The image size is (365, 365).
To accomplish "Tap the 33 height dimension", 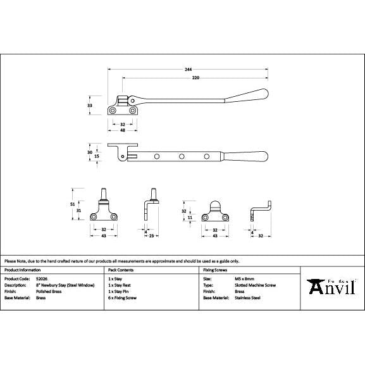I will (90, 105).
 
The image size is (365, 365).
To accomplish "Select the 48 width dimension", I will (122, 130).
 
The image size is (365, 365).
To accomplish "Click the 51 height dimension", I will (73, 204).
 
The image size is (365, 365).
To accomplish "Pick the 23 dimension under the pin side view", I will (152, 235).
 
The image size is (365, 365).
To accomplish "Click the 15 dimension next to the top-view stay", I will (97, 156).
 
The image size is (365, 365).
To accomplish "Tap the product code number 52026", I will (42, 278).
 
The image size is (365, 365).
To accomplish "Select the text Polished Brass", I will (49, 290).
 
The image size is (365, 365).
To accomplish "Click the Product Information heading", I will (23, 269).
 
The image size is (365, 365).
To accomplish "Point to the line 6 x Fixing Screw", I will (122, 297).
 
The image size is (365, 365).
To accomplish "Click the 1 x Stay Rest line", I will (119, 285).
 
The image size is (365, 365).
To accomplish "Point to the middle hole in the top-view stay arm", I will (182, 155).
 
